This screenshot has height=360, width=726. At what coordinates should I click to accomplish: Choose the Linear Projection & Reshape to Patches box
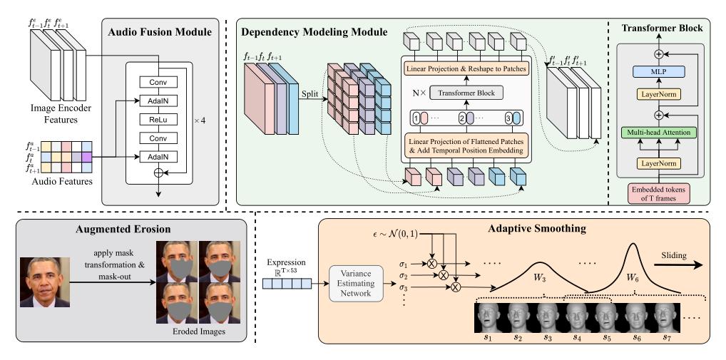[466, 69]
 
